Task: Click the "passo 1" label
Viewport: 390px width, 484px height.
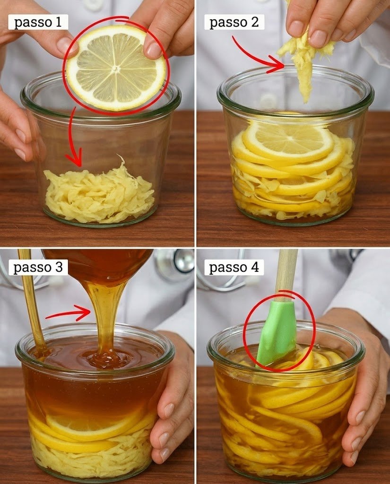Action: click(38, 22)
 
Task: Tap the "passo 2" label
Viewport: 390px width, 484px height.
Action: click(234, 22)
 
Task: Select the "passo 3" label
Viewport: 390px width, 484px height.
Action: click(38, 267)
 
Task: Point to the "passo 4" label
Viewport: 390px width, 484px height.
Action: click(234, 267)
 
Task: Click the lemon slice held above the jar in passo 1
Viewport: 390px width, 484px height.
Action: click(116, 68)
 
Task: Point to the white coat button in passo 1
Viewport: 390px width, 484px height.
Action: click(92, 4)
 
